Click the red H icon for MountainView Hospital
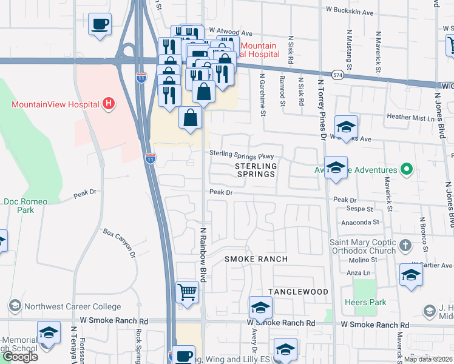point(108,104)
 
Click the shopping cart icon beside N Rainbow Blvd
point(188,292)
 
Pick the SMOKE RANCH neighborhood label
point(256,259)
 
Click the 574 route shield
point(339,75)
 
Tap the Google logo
point(19,357)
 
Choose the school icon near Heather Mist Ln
point(346,127)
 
